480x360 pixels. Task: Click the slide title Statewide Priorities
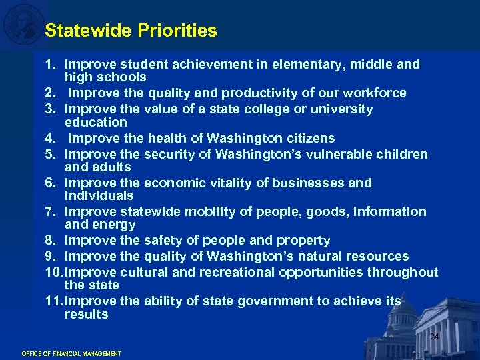131,31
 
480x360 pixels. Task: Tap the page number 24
434,337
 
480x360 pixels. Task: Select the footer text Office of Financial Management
71,353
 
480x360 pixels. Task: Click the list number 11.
53,301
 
